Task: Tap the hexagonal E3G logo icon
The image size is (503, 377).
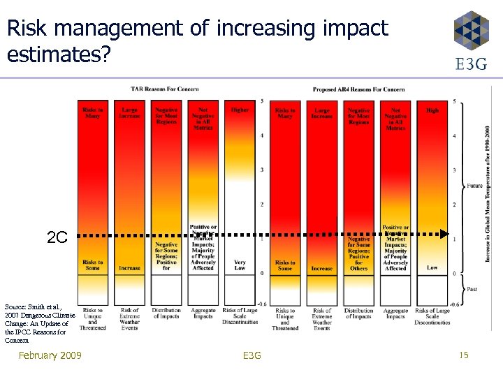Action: [471, 29]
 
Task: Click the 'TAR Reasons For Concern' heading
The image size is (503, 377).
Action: [165, 89]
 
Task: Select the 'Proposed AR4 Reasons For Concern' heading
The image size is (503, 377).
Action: [359, 89]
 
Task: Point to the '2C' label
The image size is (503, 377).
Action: [57, 237]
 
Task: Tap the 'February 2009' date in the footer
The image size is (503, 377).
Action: [50, 356]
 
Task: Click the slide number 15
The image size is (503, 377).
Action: [464, 356]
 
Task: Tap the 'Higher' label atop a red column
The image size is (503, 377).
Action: [240, 110]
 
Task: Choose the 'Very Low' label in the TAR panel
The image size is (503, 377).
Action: [239, 265]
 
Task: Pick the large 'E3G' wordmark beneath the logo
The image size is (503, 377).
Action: [471, 65]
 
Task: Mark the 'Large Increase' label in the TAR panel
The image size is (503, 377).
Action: [129, 112]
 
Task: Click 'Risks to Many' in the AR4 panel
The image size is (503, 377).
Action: [285, 112]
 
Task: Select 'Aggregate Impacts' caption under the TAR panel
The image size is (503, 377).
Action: [203, 313]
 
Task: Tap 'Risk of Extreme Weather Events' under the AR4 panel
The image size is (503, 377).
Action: [322, 319]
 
